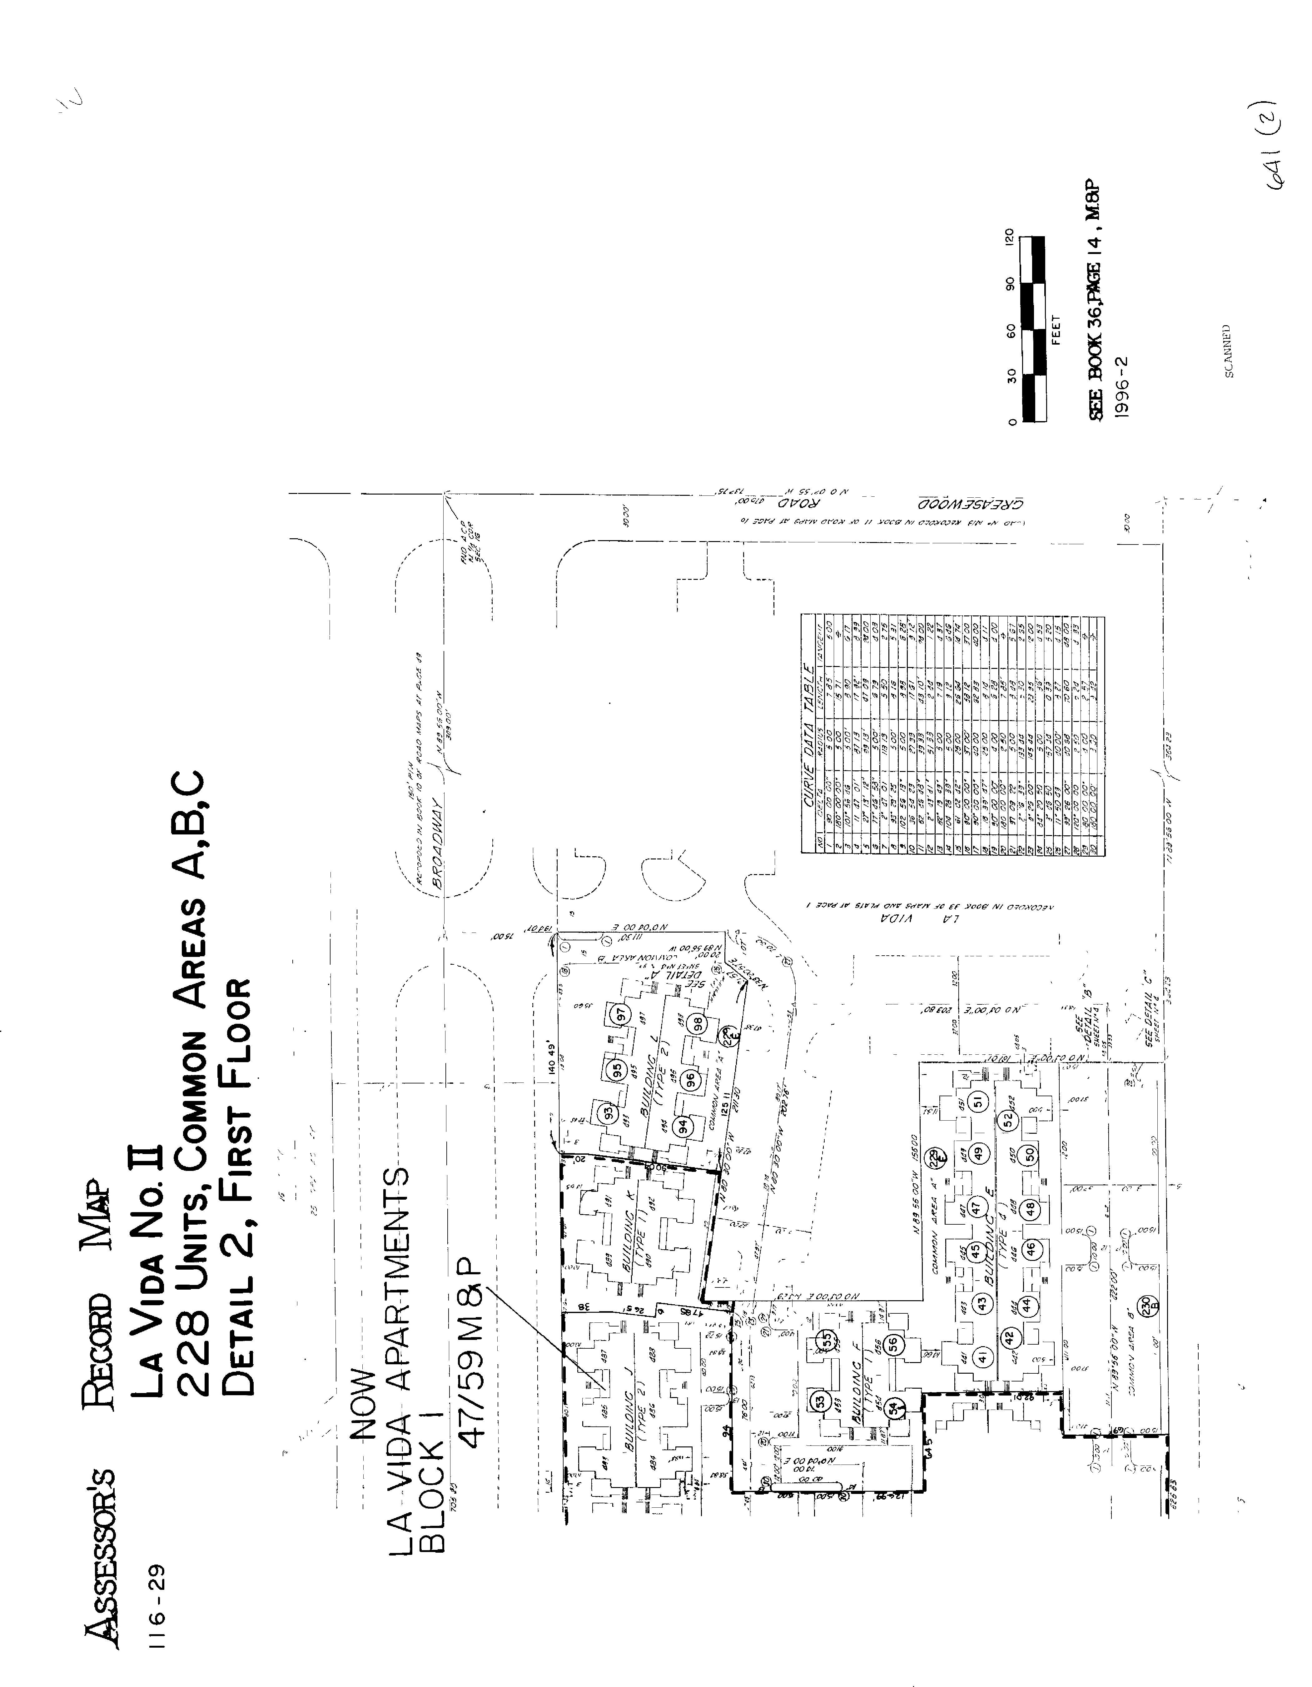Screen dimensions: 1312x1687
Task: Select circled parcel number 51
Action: coord(977,1102)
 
